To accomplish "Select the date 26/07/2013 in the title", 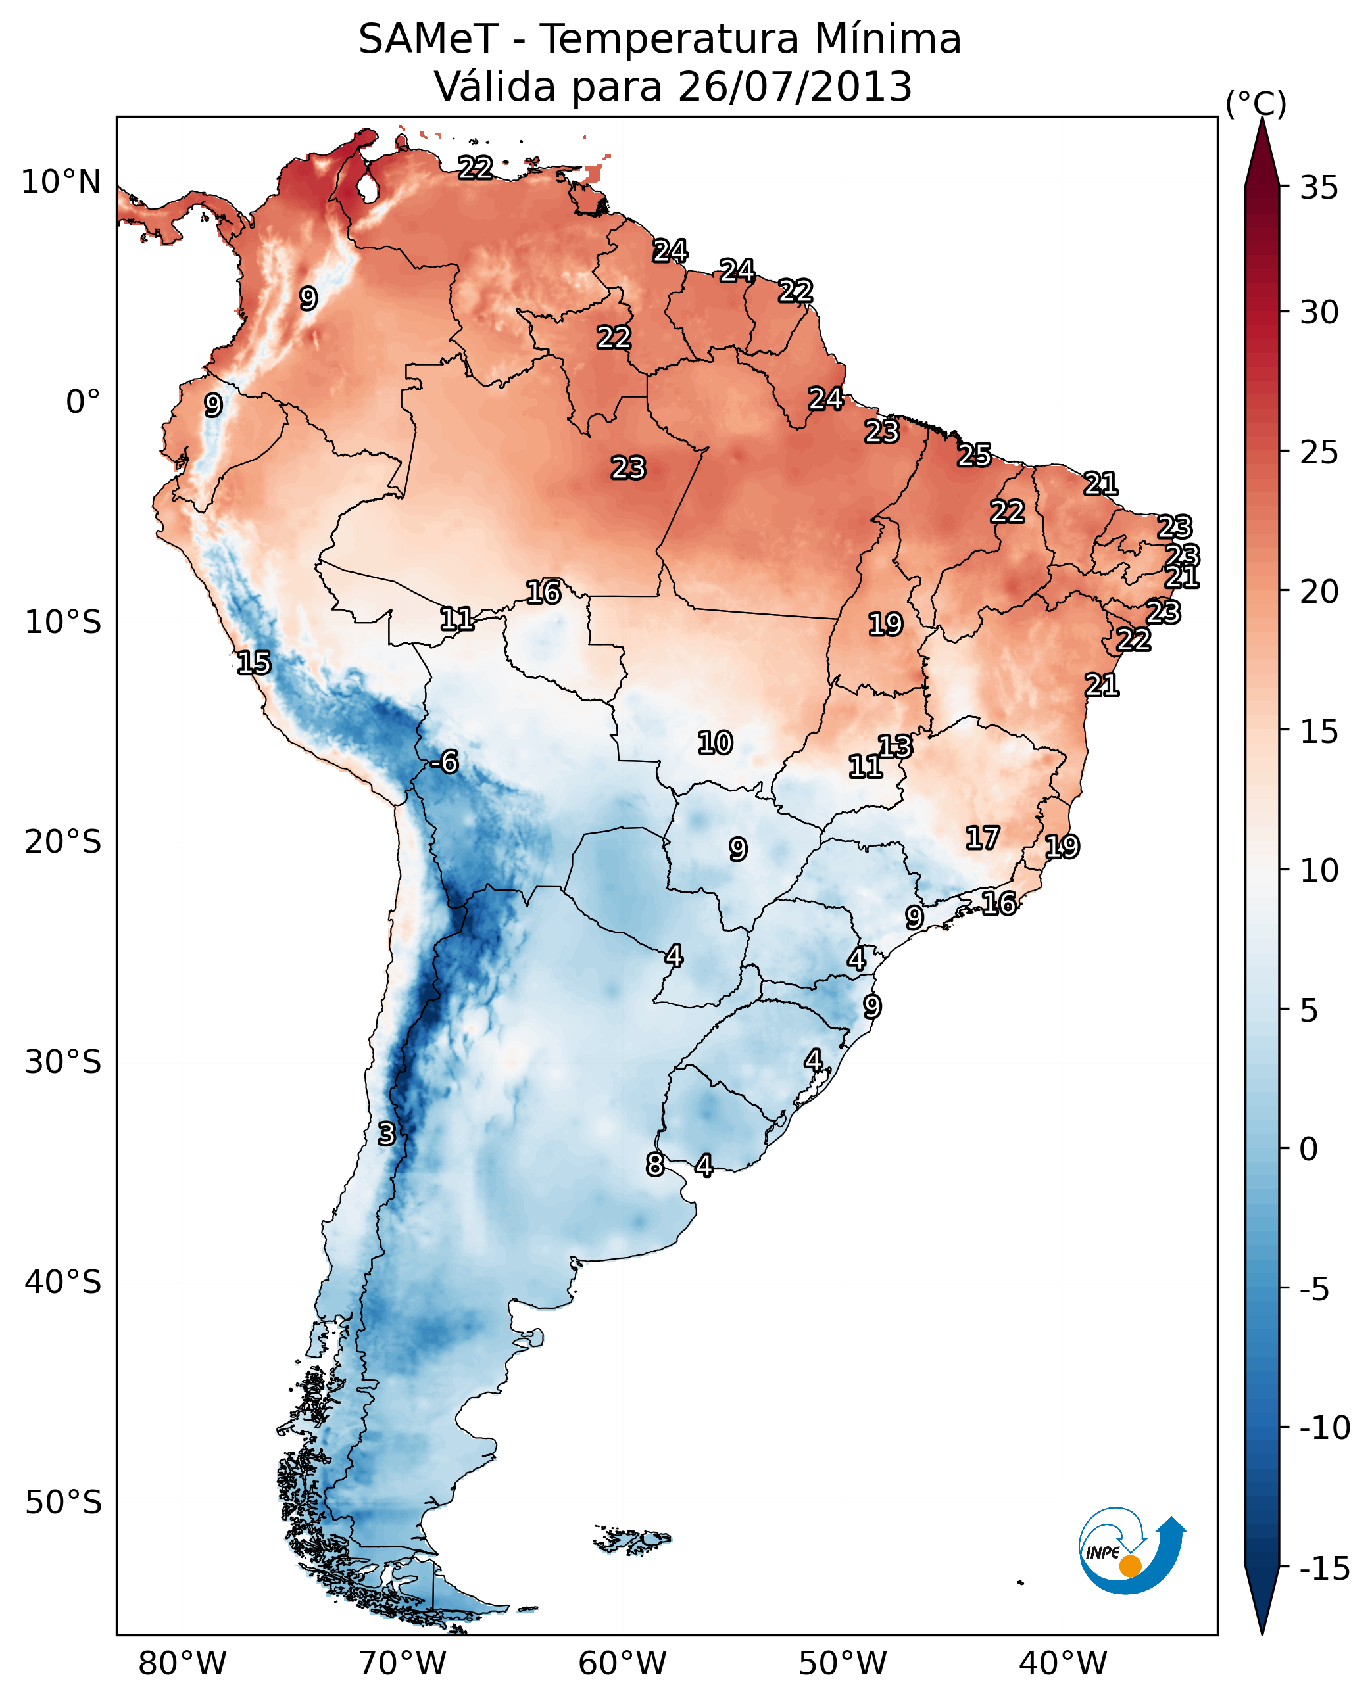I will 795,87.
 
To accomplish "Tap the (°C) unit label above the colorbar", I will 1256,105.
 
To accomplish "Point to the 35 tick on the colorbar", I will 1319,188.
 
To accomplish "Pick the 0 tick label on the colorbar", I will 1309,1149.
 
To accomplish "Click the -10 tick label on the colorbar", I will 1325,1427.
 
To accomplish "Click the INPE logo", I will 1131,1551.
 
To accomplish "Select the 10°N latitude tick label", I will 61,183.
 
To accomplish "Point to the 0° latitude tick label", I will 83,402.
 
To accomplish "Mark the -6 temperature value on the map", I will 445,763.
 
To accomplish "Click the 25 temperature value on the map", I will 975,456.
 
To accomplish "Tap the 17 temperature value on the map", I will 983,838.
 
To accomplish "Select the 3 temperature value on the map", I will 385,1133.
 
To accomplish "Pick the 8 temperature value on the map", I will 655,1164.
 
